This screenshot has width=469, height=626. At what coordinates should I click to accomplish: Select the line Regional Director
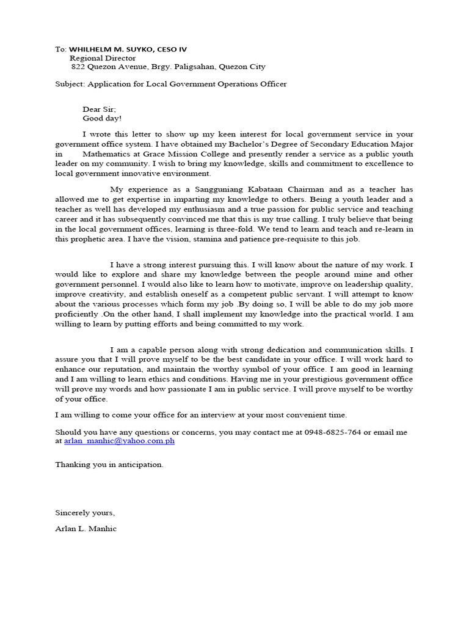point(103,58)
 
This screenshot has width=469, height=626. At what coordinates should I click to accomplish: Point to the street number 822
point(78,67)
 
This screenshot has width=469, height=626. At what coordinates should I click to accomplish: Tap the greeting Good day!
point(102,118)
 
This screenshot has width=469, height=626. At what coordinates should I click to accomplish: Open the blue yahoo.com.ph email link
point(119,441)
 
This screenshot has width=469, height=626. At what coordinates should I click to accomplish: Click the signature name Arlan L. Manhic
point(85,528)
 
